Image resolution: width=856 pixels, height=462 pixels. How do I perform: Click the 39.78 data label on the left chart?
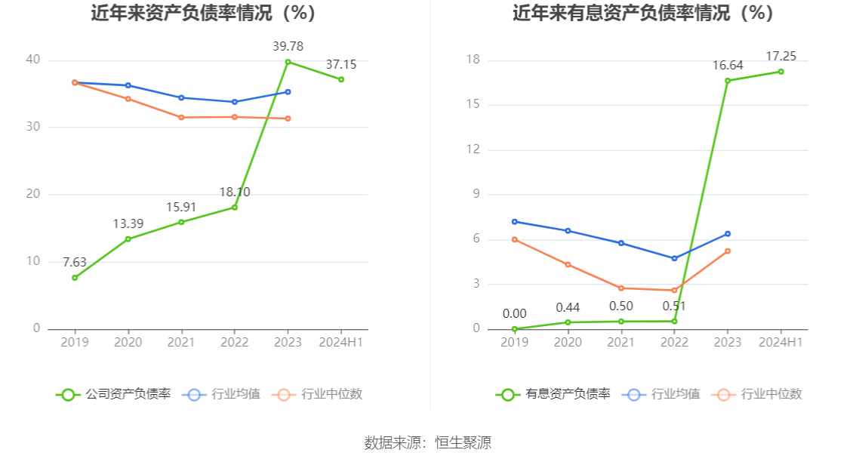coord(288,47)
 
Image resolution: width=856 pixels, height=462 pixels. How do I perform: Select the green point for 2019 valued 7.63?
coord(75,278)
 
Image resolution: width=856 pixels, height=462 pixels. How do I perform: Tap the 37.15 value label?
coord(341,65)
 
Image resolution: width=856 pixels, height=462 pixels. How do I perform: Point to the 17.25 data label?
coord(781,57)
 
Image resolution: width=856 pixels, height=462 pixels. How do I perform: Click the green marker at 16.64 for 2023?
coord(728,81)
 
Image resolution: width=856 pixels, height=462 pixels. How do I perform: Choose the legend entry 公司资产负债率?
coord(114,394)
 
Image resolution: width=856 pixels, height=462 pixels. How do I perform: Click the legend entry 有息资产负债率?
coord(553,394)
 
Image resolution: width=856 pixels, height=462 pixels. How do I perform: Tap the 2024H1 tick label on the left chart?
coord(341,342)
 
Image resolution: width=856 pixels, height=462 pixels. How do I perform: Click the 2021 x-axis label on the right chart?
coord(621,342)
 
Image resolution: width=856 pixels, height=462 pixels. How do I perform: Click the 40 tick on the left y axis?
coord(32,60)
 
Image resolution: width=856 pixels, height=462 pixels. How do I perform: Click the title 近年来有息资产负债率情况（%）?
coord(643,14)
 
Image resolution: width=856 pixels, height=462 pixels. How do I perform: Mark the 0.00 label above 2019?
coord(515,314)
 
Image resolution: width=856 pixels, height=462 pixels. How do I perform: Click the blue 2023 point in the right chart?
coord(728,234)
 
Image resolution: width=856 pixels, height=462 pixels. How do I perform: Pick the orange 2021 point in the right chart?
coord(621,288)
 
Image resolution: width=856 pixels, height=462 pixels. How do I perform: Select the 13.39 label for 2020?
coord(128,224)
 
